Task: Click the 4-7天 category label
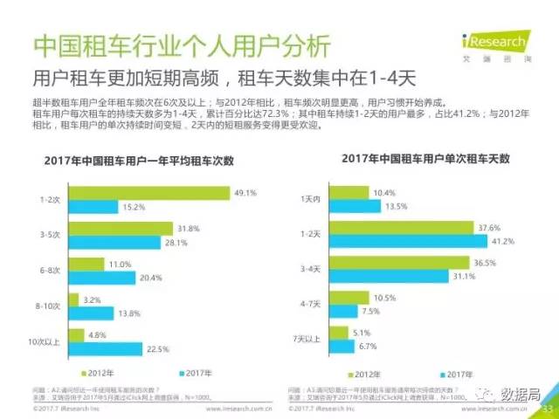pos(335,304)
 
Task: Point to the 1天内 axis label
pos(335,199)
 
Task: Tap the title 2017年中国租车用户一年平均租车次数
pos(145,162)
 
